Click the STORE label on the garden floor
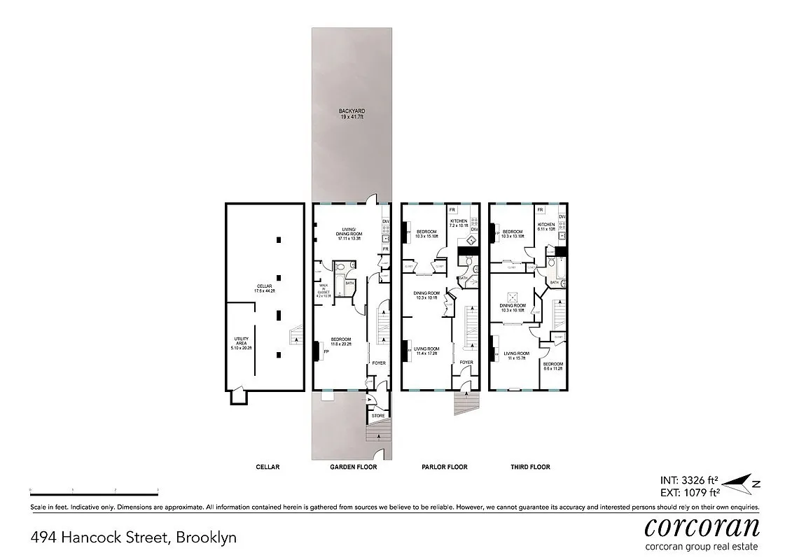(x=378, y=416)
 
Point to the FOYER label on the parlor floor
(x=466, y=363)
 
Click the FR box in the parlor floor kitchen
(x=452, y=210)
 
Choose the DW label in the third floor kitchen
(x=562, y=217)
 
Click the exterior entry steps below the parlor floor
(x=464, y=402)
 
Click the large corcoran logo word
(x=701, y=526)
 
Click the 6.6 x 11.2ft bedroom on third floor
(x=553, y=368)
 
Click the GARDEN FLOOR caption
(x=354, y=467)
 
